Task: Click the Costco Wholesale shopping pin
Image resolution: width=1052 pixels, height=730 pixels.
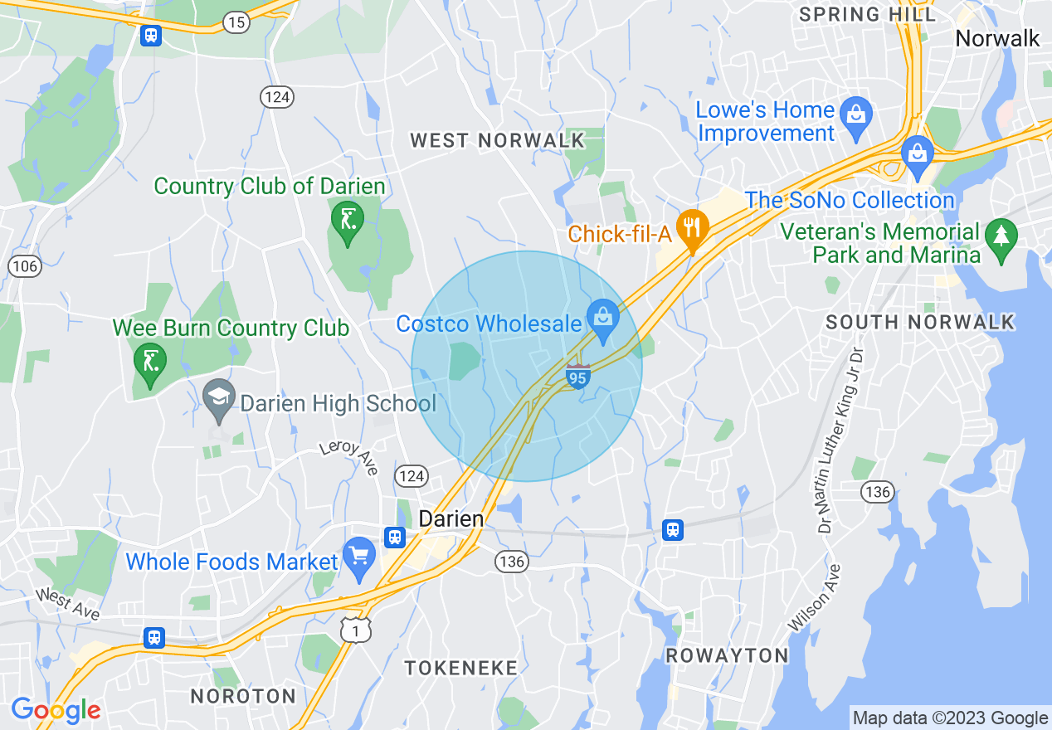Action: click(x=603, y=319)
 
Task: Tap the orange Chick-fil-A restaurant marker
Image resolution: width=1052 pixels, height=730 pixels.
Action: click(x=691, y=228)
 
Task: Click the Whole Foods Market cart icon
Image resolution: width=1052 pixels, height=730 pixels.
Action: click(x=359, y=558)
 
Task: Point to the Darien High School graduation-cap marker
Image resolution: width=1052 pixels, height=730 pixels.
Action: click(x=218, y=398)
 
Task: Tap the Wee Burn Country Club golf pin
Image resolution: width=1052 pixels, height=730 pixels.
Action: click(x=149, y=362)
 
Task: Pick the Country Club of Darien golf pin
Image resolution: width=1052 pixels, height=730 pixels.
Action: click(x=347, y=221)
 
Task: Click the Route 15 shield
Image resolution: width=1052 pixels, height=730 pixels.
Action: click(x=236, y=22)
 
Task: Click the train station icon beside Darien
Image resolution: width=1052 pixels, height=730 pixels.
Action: click(x=395, y=537)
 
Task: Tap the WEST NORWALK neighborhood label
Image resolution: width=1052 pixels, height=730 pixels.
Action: click(x=498, y=141)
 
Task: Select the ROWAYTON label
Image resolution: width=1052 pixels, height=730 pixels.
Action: click(x=728, y=655)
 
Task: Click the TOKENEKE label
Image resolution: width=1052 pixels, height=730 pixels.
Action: click(x=460, y=668)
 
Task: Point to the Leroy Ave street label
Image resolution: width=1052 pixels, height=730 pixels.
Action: click(x=349, y=458)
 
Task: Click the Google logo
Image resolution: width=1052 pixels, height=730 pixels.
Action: click(x=56, y=711)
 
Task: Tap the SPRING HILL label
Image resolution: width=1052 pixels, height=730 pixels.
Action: click(x=867, y=15)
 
